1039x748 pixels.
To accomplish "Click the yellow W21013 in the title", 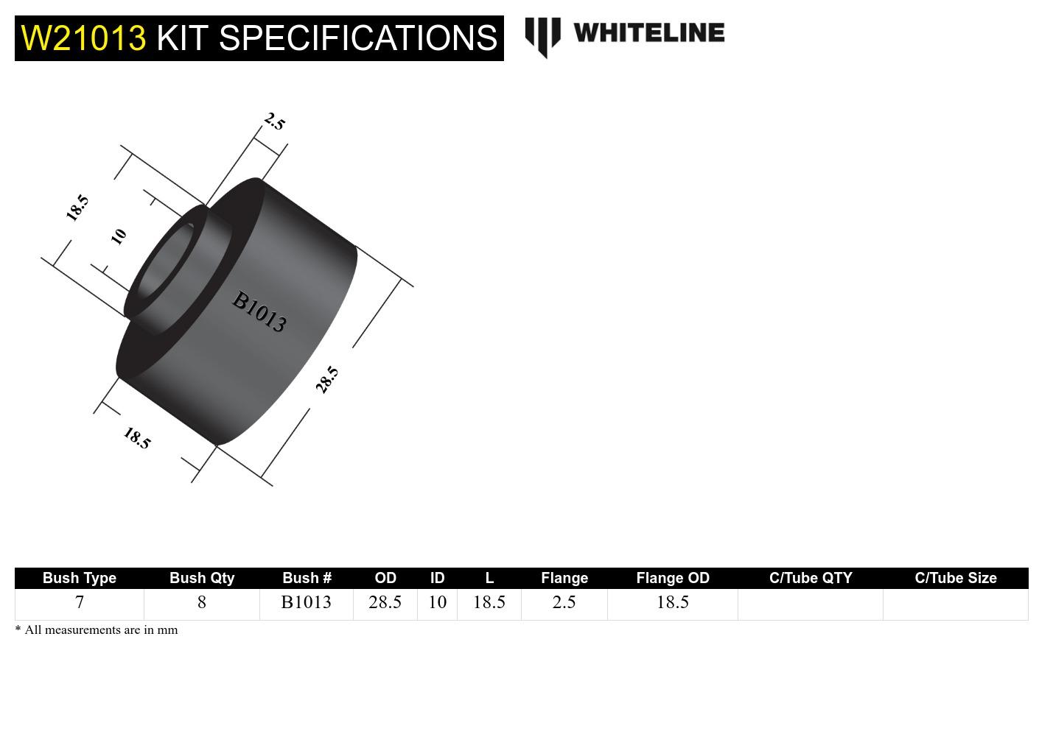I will (x=83, y=38).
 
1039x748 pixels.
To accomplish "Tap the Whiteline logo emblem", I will (x=542, y=35).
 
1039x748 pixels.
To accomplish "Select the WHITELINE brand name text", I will (x=648, y=32).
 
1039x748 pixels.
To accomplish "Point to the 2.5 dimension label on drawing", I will (x=274, y=121).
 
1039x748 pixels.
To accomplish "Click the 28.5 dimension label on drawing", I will (x=327, y=379).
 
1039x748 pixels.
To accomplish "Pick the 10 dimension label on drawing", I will (x=119, y=236).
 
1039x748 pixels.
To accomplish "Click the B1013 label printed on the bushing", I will (x=259, y=311).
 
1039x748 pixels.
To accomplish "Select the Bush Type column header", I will (x=80, y=578).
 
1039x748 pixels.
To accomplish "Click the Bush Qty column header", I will (x=202, y=578).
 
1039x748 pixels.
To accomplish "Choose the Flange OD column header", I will (x=673, y=578).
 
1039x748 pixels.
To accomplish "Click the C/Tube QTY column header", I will (x=811, y=578).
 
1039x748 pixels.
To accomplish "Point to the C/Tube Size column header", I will (x=956, y=578).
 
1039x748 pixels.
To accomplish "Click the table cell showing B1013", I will (x=307, y=602).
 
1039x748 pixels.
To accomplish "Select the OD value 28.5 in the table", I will (x=385, y=602).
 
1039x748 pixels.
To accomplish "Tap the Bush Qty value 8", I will (x=202, y=602).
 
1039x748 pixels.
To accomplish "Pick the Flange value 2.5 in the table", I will (x=564, y=602).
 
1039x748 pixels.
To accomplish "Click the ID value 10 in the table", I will (x=438, y=602).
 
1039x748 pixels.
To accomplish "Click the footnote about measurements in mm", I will (x=97, y=630).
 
